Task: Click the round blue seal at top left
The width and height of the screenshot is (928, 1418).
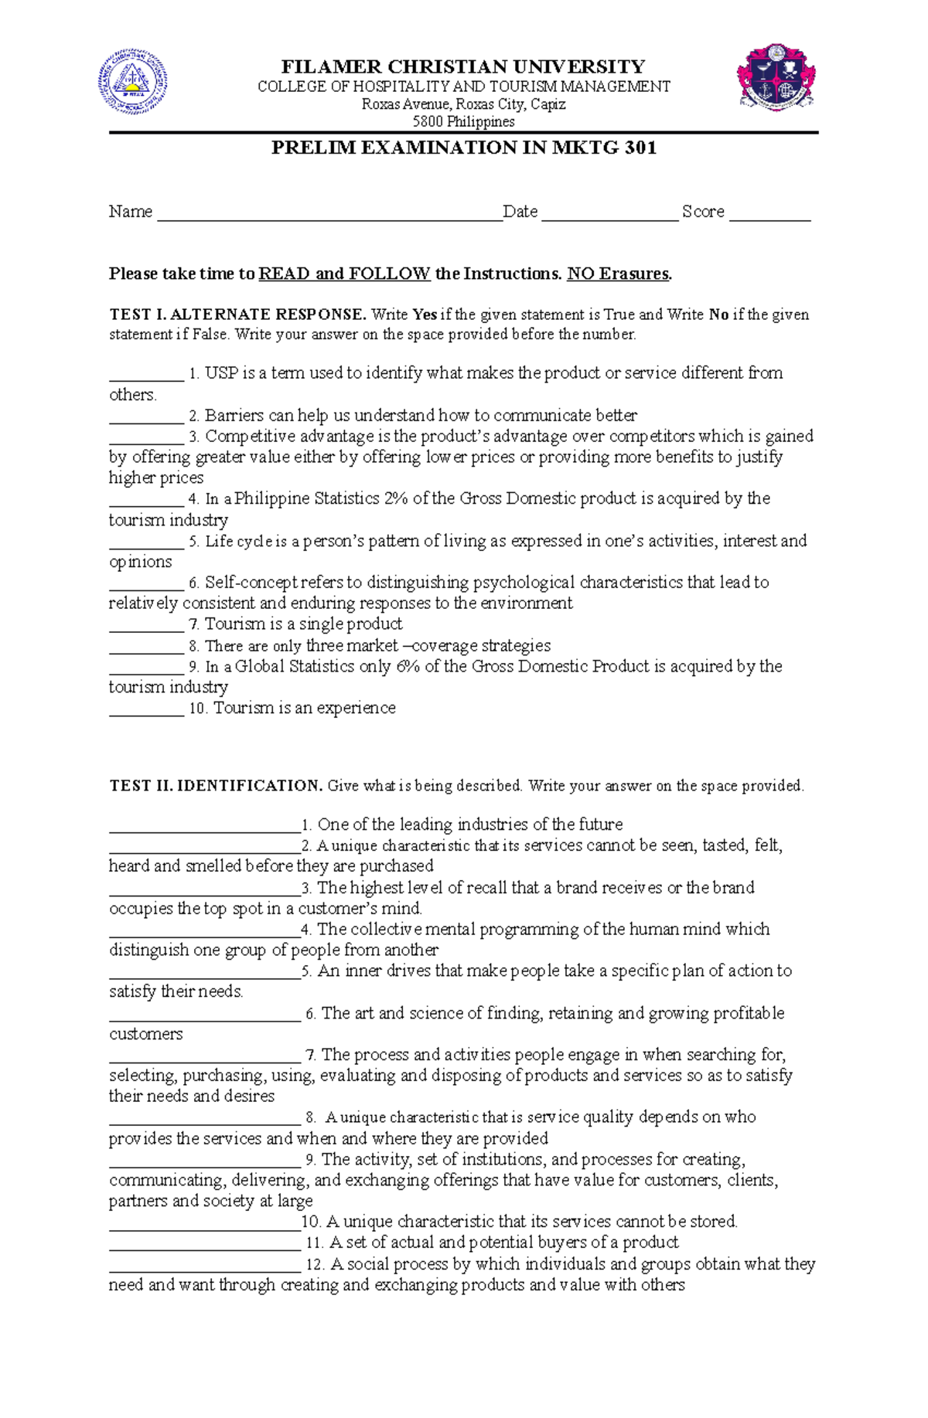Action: click(132, 82)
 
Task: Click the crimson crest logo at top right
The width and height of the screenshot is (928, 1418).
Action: click(776, 77)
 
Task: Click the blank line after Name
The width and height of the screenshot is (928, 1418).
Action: click(329, 215)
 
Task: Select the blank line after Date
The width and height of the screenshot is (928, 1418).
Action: click(609, 215)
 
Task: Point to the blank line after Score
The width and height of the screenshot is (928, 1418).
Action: click(769, 215)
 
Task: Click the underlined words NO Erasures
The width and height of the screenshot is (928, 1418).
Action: click(619, 274)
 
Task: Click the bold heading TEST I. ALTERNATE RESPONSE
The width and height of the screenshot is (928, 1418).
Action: click(237, 315)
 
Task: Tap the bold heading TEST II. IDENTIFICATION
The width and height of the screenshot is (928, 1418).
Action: click(216, 786)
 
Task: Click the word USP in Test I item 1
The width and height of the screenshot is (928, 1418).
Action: click(221, 373)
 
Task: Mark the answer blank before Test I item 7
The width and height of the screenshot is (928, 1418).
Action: click(146, 627)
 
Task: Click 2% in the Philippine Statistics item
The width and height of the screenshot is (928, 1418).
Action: click(395, 498)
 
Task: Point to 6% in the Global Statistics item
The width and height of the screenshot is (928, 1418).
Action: click(408, 666)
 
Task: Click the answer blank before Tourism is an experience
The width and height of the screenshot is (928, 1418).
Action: click(146, 711)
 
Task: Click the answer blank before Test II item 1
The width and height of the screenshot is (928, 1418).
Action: click(204, 828)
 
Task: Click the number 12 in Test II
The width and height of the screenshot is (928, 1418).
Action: click(314, 1264)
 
